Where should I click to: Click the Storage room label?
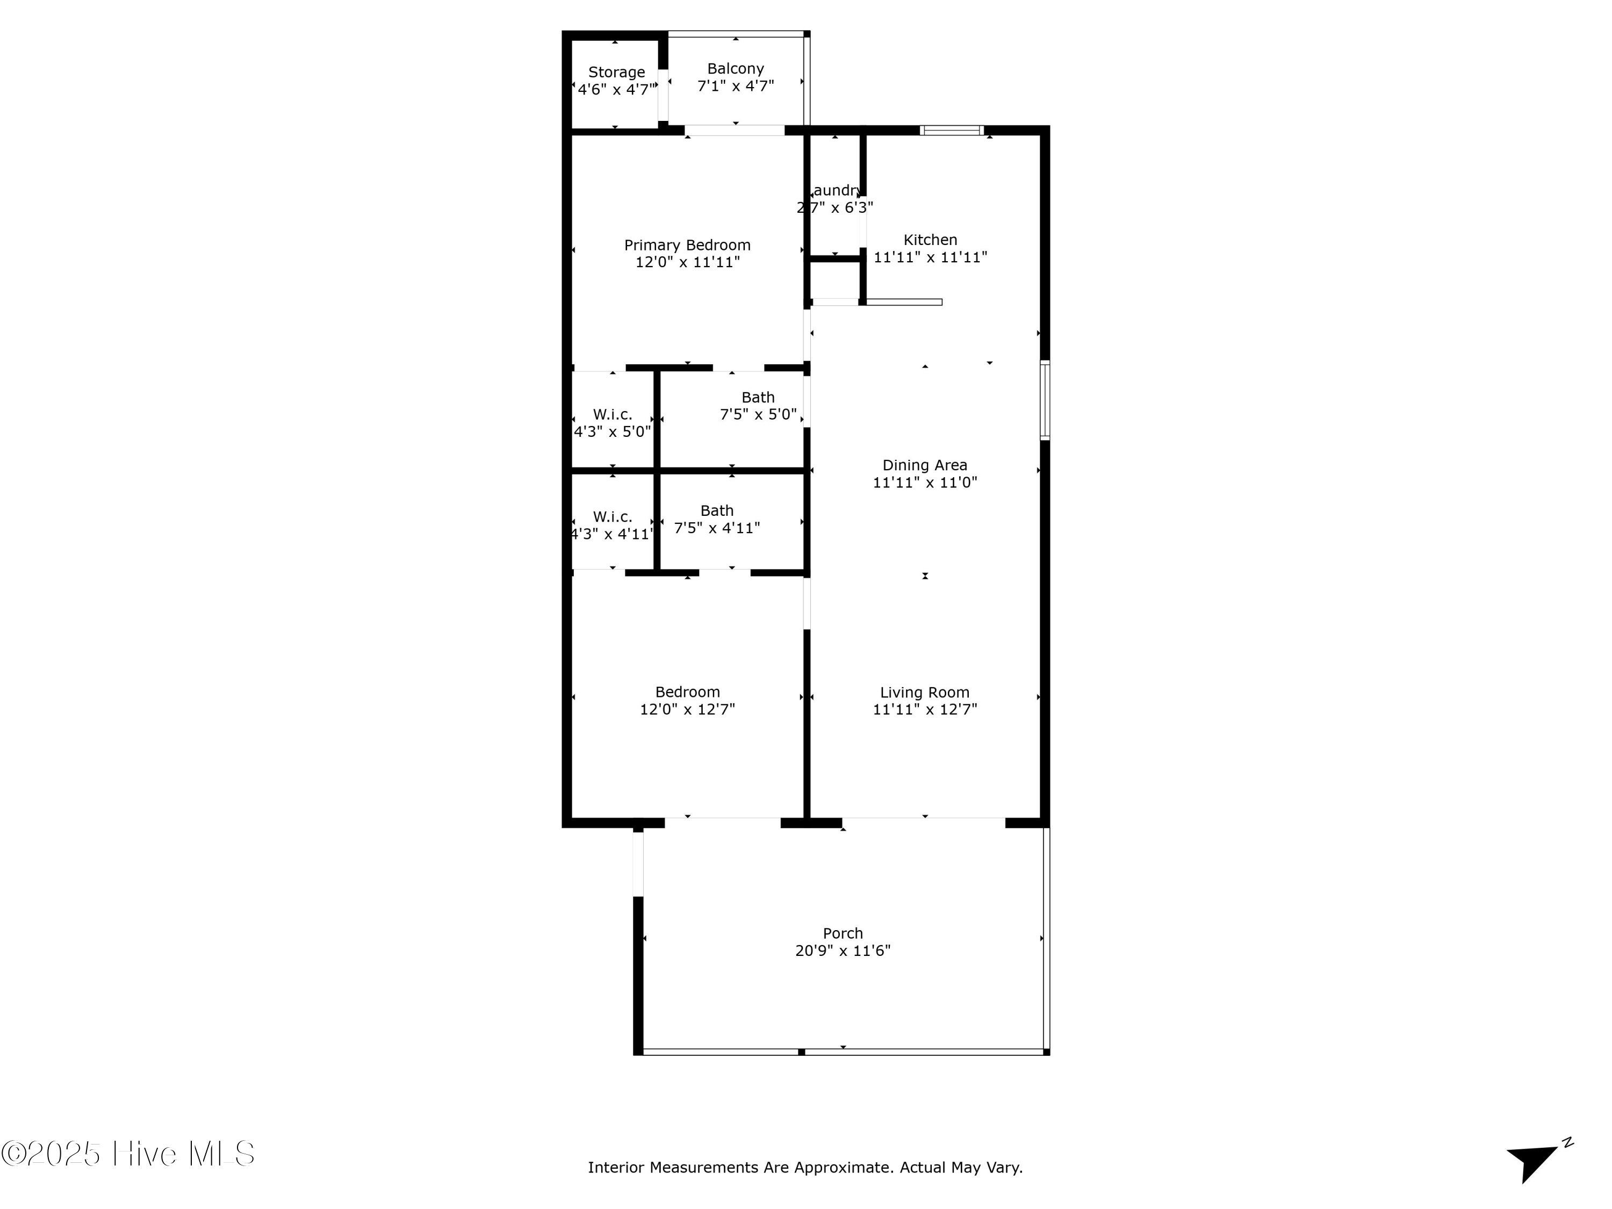616,72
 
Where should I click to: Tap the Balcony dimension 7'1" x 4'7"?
735,86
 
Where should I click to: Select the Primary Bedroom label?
687,245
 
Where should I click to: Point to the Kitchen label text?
930,240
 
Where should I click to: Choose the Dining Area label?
925,465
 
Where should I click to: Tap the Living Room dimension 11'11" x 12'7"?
925,709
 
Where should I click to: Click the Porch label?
843,933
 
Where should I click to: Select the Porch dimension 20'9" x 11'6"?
843,951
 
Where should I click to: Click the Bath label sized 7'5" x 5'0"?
758,397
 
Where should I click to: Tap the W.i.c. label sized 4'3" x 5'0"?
612,414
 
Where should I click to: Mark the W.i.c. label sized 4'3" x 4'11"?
612,517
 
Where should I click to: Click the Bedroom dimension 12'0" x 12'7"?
687,709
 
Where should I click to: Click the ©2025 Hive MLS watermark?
128,1154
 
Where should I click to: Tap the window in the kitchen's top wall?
952,131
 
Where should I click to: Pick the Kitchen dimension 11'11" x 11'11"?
930,257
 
